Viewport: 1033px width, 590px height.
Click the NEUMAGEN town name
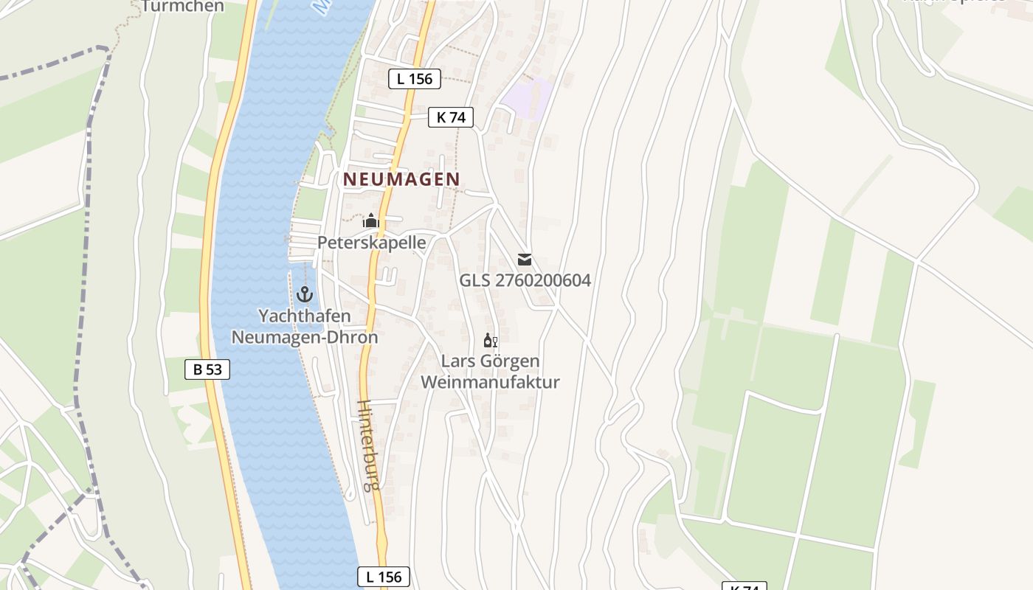click(x=401, y=179)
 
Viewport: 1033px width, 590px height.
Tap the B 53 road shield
click(x=207, y=369)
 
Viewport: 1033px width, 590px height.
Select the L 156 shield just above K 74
click(x=414, y=79)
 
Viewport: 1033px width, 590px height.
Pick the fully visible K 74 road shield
click(x=450, y=117)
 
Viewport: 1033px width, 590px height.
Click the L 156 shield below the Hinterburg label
click(x=384, y=577)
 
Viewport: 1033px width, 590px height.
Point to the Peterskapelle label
click(x=371, y=242)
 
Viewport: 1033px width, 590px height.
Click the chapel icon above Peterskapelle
click(x=370, y=221)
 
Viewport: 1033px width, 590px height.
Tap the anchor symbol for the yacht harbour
click(x=304, y=294)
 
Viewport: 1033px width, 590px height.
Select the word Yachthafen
click(x=304, y=316)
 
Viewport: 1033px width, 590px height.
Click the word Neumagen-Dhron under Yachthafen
click(x=304, y=337)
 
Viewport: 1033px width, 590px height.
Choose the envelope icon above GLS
click(x=525, y=259)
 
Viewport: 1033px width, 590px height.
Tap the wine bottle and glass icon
click(x=490, y=340)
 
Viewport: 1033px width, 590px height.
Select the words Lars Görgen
click(x=490, y=361)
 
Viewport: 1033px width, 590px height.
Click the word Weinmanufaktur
click(x=490, y=382)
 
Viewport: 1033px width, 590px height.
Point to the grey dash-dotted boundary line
click(x=83, y=221)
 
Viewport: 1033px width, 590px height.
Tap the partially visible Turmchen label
click(x=183, y=7)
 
